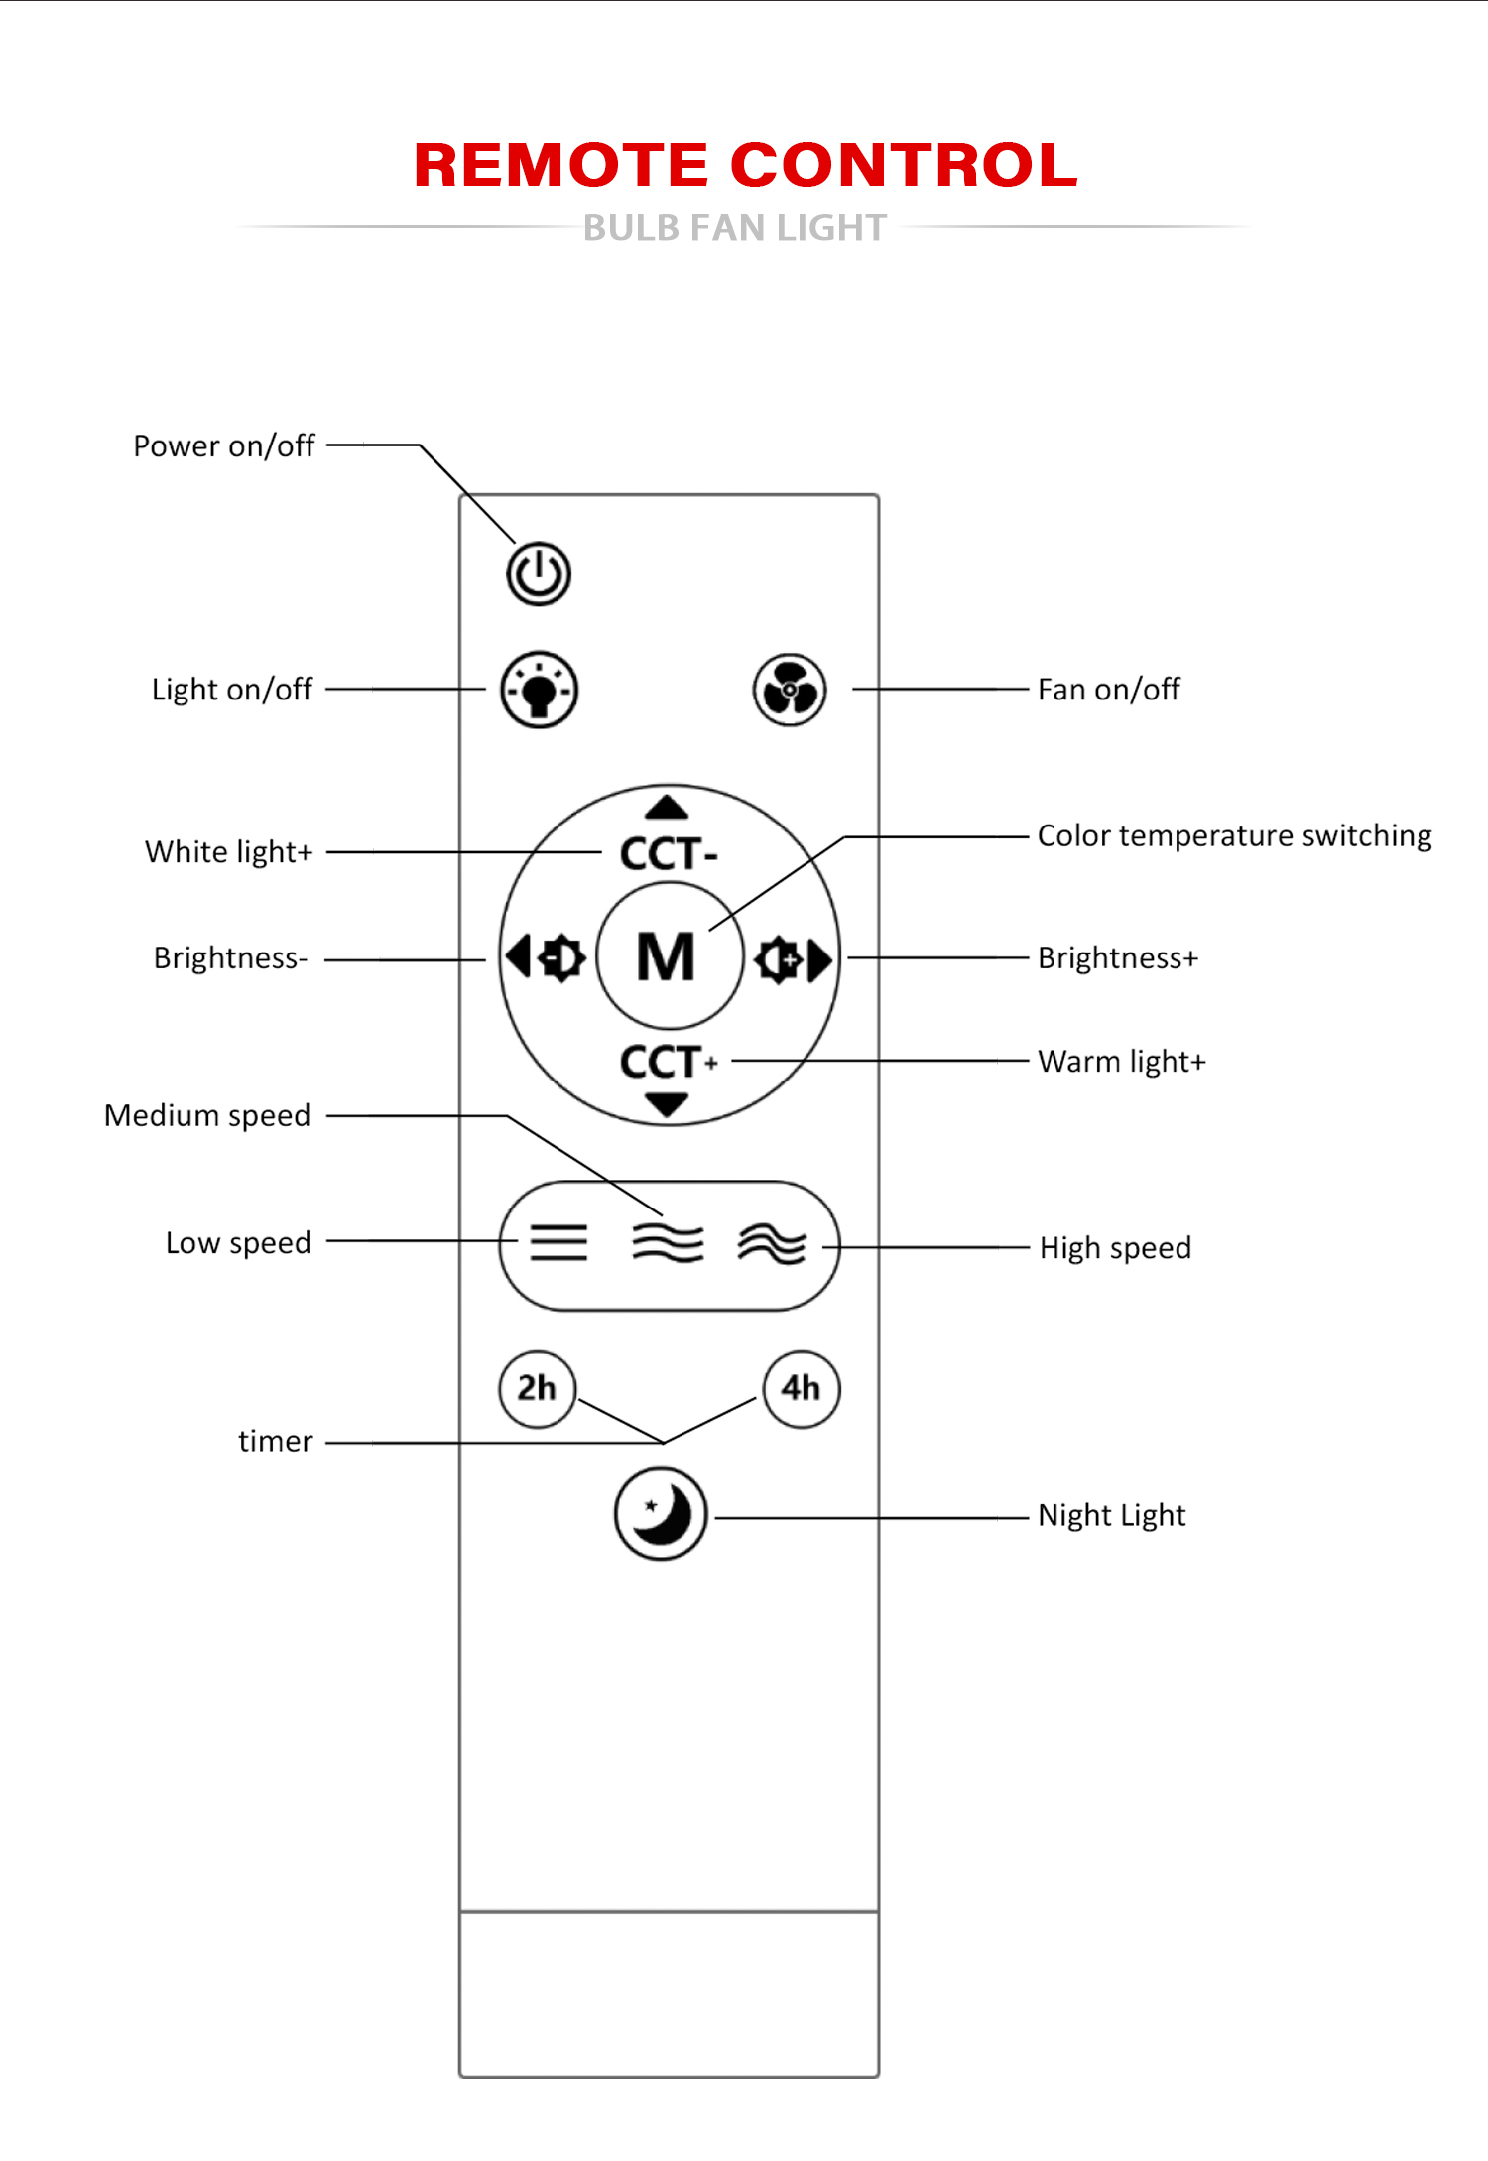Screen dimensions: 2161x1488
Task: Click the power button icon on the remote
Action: pyautogui.click(x=539, y=573)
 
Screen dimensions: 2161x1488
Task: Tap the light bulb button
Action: pyautogui.click(x=540, y=690)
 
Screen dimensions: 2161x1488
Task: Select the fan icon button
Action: pyautogui.click(x=790, y=690)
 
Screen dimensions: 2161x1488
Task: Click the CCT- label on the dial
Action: pyautogui.click(x=668, y=854)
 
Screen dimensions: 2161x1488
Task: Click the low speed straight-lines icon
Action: pyautogui.click(x=558, y=1242)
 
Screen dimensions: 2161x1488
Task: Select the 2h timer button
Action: pyautogui.click(x=537, y=1388)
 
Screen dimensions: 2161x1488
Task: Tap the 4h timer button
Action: pyautogui.click(x=801, y=1388)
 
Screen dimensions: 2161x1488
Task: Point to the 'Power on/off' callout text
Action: pyautogui.click(x=224, y=446)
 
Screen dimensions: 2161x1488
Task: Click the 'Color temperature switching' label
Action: pyautogui.click(x=1234, y=836)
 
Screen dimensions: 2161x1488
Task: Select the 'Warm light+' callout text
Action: pyautogui.click(x=1121, y=1062)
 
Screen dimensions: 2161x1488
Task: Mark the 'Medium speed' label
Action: pyautogui.click(x=207, y=1116)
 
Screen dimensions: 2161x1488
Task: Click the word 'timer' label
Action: pyautogui.click(x=275, y=1442)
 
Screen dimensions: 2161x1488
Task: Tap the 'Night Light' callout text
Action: pyautogui.click(x=1111, y=1516)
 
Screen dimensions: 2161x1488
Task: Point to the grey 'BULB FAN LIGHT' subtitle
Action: pyautogui.click(x=734, y=228)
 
